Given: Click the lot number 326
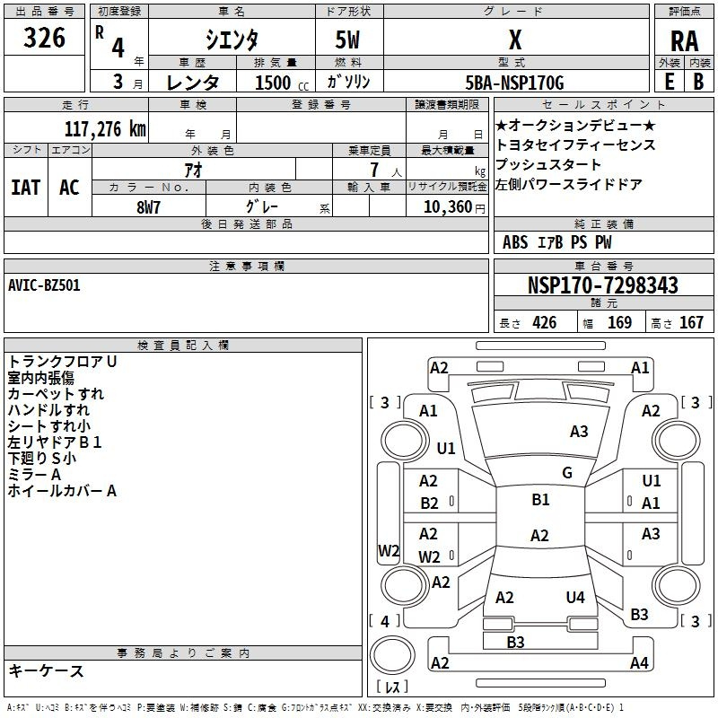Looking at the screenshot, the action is click(x=44, y=37).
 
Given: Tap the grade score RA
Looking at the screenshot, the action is click(x=684, y=41).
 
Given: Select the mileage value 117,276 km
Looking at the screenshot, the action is click(x=105, y=129).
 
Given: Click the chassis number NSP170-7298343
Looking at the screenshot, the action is click(x=602, y=285).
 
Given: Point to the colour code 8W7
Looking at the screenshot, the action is click(x=148, y=207).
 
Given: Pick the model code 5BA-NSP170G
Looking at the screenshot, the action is click(x=514, y=83).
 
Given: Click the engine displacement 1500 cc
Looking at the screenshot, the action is click(x=281, y=83).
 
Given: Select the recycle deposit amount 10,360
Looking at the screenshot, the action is click(x=448, y=207).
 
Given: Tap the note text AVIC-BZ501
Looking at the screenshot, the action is click(x=44, y=285).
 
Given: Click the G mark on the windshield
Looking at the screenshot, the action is click(x=567, y=472).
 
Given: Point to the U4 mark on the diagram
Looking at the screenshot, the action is click(x=575, y=597).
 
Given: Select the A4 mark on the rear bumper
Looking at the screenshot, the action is click(x=639, y=662).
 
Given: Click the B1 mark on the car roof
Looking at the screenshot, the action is click(x=540, y=499).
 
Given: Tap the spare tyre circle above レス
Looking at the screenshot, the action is click(x=392, y=655).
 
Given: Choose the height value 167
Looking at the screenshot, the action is click(x=691, y=322).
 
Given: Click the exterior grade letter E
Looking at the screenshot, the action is click(x=670, y=82).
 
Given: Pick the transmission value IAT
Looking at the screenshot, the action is click(x=26, y=188).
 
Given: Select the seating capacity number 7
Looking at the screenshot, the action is click(x=374, y=170).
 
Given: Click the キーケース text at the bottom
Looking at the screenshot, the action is click(x=46, y=670).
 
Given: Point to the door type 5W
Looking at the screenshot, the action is click(x=347, y=39).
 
